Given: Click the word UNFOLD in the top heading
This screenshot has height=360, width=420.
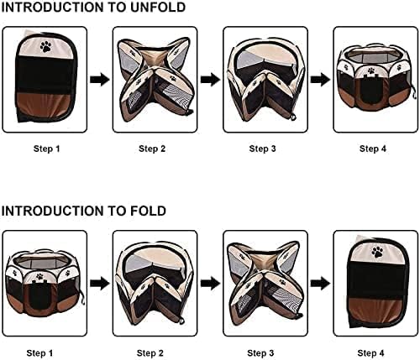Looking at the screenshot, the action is pyautogui.click(x=158, y=8).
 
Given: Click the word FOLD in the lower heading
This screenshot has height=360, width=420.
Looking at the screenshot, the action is pyautogui.click(x=148, y=211).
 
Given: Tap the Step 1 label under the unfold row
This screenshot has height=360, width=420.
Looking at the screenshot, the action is pyautogui.click(x=47, y=149).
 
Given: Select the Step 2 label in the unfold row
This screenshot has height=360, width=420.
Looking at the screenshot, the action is pyautogui.click(x=152, y=149).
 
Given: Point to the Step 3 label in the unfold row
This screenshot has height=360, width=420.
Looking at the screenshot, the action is pyautogui.click(x=262, y=149).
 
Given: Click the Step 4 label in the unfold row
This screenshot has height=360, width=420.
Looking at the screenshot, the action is pyautogui.click(x=373, y=149).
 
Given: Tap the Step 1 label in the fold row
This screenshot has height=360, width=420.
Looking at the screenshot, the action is pyautogui.click(x=39, y=352).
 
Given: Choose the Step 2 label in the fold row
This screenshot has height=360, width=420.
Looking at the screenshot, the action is pyautogui.click(x=150, y=352).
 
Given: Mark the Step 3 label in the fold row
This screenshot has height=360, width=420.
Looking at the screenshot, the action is pyautogui.click(x=260, y=352).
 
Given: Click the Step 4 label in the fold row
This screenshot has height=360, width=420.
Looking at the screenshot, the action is pyautogui.click(x=370, y=352).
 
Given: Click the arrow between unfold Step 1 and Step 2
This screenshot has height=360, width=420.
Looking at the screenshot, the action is pyautogui.click(x=100, y=80).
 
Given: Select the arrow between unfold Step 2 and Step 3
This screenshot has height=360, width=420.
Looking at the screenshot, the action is pyautogui.click(x=210, y=80).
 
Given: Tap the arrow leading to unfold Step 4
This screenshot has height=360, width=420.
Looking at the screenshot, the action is pyautogui.click(x=321, y=80).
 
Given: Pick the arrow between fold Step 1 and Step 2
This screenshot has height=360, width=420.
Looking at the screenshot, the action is pyautogui.click(x=100, y=284).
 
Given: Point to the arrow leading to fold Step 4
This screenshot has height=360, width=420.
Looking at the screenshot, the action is pyautogui.click(x=321, y=284).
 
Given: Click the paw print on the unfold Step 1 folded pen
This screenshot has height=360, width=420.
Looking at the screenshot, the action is pyautogui.click(x=45, y=47).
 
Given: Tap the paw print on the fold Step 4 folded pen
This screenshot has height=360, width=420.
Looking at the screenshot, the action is pyautogui.click(x=377, y=252).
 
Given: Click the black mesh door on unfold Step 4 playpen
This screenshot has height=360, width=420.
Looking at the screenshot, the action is pyautogui.click(x=372, y=90).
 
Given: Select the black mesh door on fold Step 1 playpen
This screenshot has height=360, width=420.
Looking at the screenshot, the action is pyautogui.click(x=40, y=296).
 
